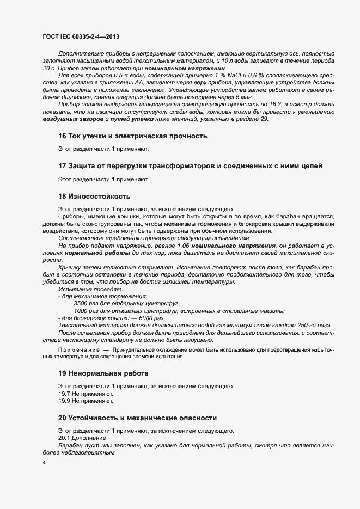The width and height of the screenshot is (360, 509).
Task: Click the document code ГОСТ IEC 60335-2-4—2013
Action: pyautogui.click(x=80, y=36)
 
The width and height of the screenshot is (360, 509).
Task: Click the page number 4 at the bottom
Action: pyautogui.click(x=44, y=463)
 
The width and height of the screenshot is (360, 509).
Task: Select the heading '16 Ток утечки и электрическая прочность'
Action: pyautogui.click(x=132, y=151)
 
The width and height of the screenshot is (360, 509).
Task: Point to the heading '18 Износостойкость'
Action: pyautogui.click(x=94, y=196)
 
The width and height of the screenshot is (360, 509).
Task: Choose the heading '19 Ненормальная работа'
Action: pyautogui.click(x=102, y=373)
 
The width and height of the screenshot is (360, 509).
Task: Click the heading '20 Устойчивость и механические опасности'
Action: pyautogui.click(x=137, y=418)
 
